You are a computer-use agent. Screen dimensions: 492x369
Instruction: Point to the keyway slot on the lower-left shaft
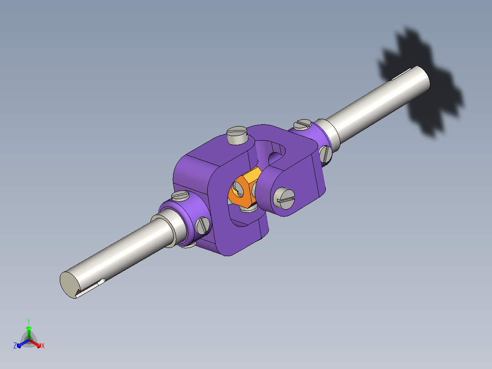coord(90,288)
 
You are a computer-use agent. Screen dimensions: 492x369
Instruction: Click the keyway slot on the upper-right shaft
coord(402,74)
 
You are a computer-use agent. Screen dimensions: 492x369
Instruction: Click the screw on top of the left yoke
coord(237,135)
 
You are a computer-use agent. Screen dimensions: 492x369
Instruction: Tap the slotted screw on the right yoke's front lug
coord(284,199)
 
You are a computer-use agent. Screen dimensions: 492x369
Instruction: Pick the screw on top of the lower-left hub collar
coord(180,195)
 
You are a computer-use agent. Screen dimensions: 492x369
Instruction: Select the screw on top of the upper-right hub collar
coord(303,124)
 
